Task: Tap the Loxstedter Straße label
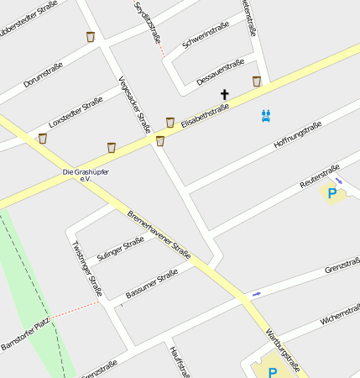click(76, 111)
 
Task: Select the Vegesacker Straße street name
click(134, 105)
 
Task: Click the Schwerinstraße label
click(206, 38)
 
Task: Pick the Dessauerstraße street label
click(220, 72)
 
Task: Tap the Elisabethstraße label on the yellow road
click(205, 113)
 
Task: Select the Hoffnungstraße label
click(298, 134)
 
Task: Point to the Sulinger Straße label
click(120, 250)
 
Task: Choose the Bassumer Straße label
click(152, 284)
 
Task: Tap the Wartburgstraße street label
click(282, 348)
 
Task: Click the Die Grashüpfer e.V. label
click(86, 175)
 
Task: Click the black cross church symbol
click(224, 95)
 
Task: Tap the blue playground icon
click(266, 116)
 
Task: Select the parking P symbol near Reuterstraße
click(332, 194)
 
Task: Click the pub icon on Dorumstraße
click(90, 37)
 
